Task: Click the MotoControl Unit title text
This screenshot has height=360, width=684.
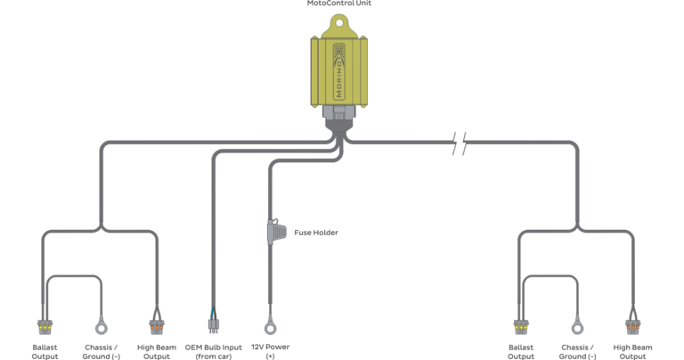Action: pyautogui.click(x=339, y=3)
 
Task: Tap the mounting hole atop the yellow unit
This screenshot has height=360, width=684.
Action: pyautogui.click(x=339, y=21)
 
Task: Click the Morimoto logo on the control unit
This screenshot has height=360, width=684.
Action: pyautogui.click(x=338, y=71)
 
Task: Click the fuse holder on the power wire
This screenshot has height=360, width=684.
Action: pyautogui.click(x=276, y=232)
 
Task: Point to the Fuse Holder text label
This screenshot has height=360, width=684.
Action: pyautogui.click(x=316, y=233)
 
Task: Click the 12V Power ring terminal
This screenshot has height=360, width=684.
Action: pyautogui.click(x=270, y=327)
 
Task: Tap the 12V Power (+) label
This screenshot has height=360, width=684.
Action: pyautogui.click(x=270, y=351)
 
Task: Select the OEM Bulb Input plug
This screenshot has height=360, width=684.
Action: pyautogui.click(x=214, y=325)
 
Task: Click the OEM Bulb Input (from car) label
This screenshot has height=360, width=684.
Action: pyautogui.click(x=214, y=352)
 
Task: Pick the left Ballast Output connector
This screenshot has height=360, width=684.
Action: pyautogui.click(x=45, y=327)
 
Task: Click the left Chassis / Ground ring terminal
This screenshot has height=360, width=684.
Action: pyautogui.click(x=102, y=327)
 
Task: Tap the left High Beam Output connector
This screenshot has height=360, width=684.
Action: pyautogui.click(x=157, y=327)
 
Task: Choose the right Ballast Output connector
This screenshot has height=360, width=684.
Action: pyautogui.click(x=521, y=327)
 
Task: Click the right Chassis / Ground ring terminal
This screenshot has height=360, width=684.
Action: pyautogui.click(x=577, y=327)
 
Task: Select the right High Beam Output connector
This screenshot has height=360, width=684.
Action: pyautogui.click(x=633, y=327)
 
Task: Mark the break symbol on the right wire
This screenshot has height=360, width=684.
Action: pyautogui.click(x=459, y=143)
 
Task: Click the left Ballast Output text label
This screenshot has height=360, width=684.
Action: pyautogui.click(x=45, y=352)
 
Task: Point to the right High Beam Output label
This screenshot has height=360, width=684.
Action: pyautogui.click(x=632, y=352)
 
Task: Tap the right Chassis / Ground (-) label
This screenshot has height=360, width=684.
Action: pyautogui.click(x=577, y=352)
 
